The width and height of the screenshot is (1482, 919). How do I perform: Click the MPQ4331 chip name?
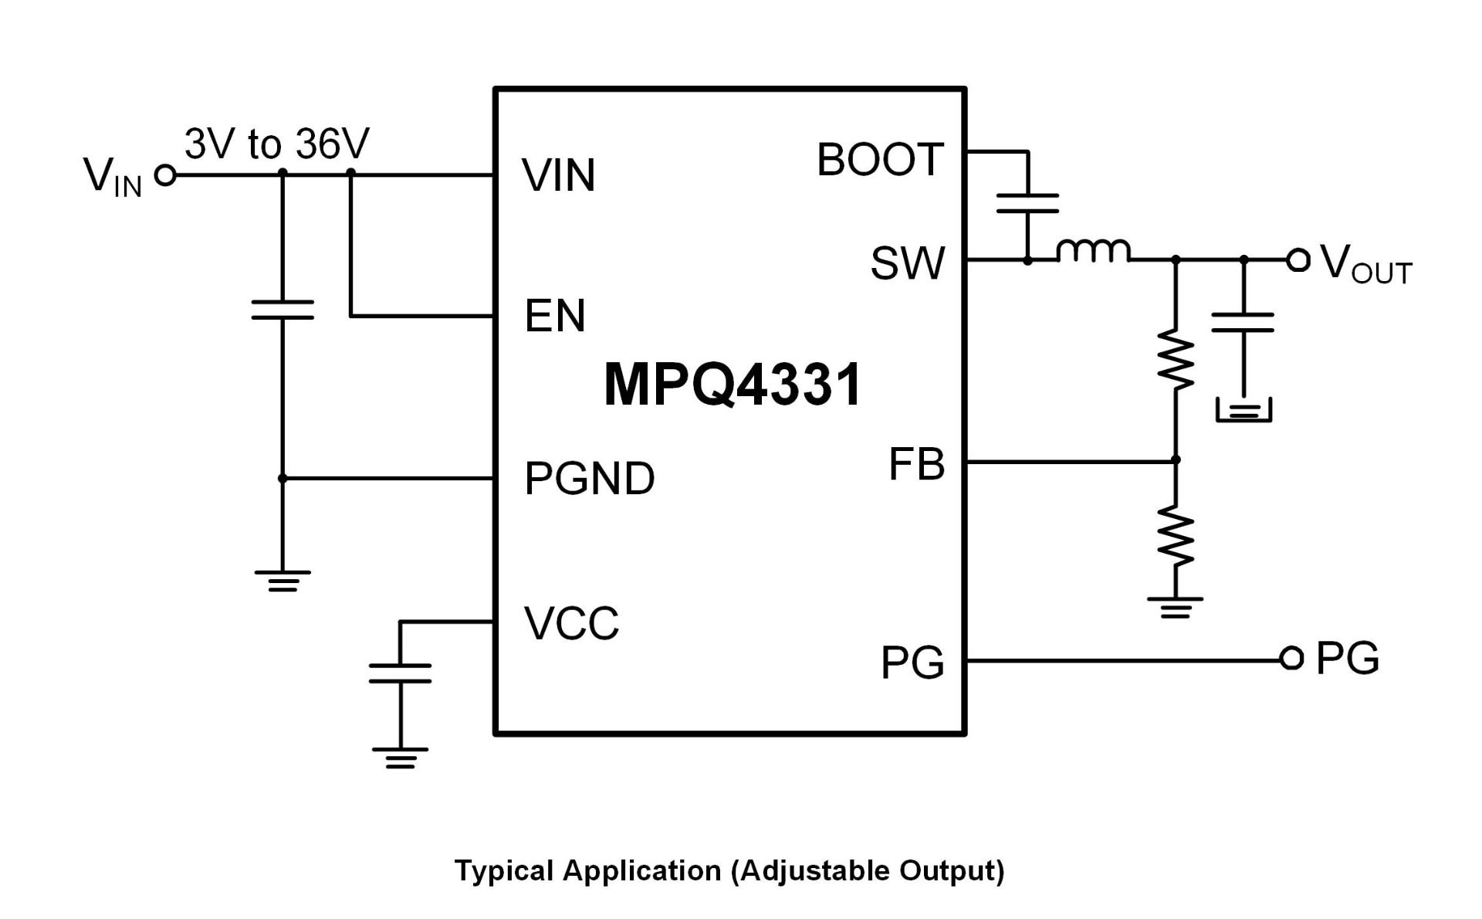[x=732, y=385]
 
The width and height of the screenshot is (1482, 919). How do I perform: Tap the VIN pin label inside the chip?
[x=559, y=175]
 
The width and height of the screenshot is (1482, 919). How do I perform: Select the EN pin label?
[x=554, y=316]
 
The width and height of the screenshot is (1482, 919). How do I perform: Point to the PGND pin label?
[x=590, y=478]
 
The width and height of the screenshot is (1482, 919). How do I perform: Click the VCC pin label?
[x=571, y=623]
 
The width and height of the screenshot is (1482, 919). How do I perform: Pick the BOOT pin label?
[x=880, y=160]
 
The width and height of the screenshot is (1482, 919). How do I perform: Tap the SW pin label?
[x=908, y=263]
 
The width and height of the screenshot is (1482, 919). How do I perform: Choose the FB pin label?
[x=917, y=464]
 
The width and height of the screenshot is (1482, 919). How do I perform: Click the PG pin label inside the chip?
[x=912, y=663]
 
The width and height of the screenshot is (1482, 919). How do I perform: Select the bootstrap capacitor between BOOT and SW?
[x=1027, y=203]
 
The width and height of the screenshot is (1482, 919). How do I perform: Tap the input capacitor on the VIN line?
[x=283, y=310]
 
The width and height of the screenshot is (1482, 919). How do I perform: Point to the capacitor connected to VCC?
[x=400, y=673]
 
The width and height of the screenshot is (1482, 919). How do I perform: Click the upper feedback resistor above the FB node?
[x=1176, y=360]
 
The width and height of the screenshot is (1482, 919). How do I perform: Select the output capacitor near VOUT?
[x=1243, y=322]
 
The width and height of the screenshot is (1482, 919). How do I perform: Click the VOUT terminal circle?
[x=1298, y=260]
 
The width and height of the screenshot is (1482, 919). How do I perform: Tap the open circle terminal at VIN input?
[x=165, y=175]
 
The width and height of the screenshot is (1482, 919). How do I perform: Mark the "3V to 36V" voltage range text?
[x=277, y=144]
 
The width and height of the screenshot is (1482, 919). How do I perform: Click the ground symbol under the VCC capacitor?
[x=400, y=758]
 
